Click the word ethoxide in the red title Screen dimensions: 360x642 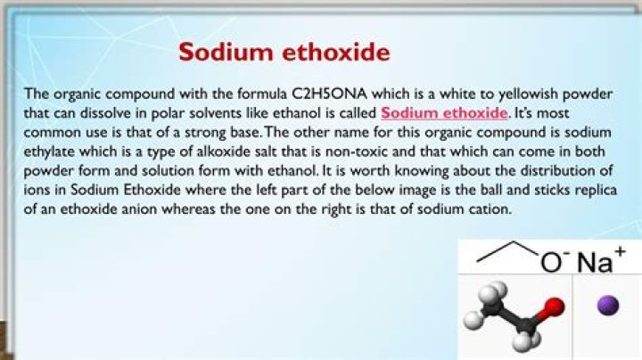pyautogui.click(x=339, y=52)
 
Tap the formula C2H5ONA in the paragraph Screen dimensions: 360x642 pyautogui.click(x=325, y=94)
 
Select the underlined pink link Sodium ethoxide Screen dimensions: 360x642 pyautogui.click(x=444, y=113)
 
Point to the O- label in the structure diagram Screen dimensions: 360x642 pyautogui.click(x=554, y=262)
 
